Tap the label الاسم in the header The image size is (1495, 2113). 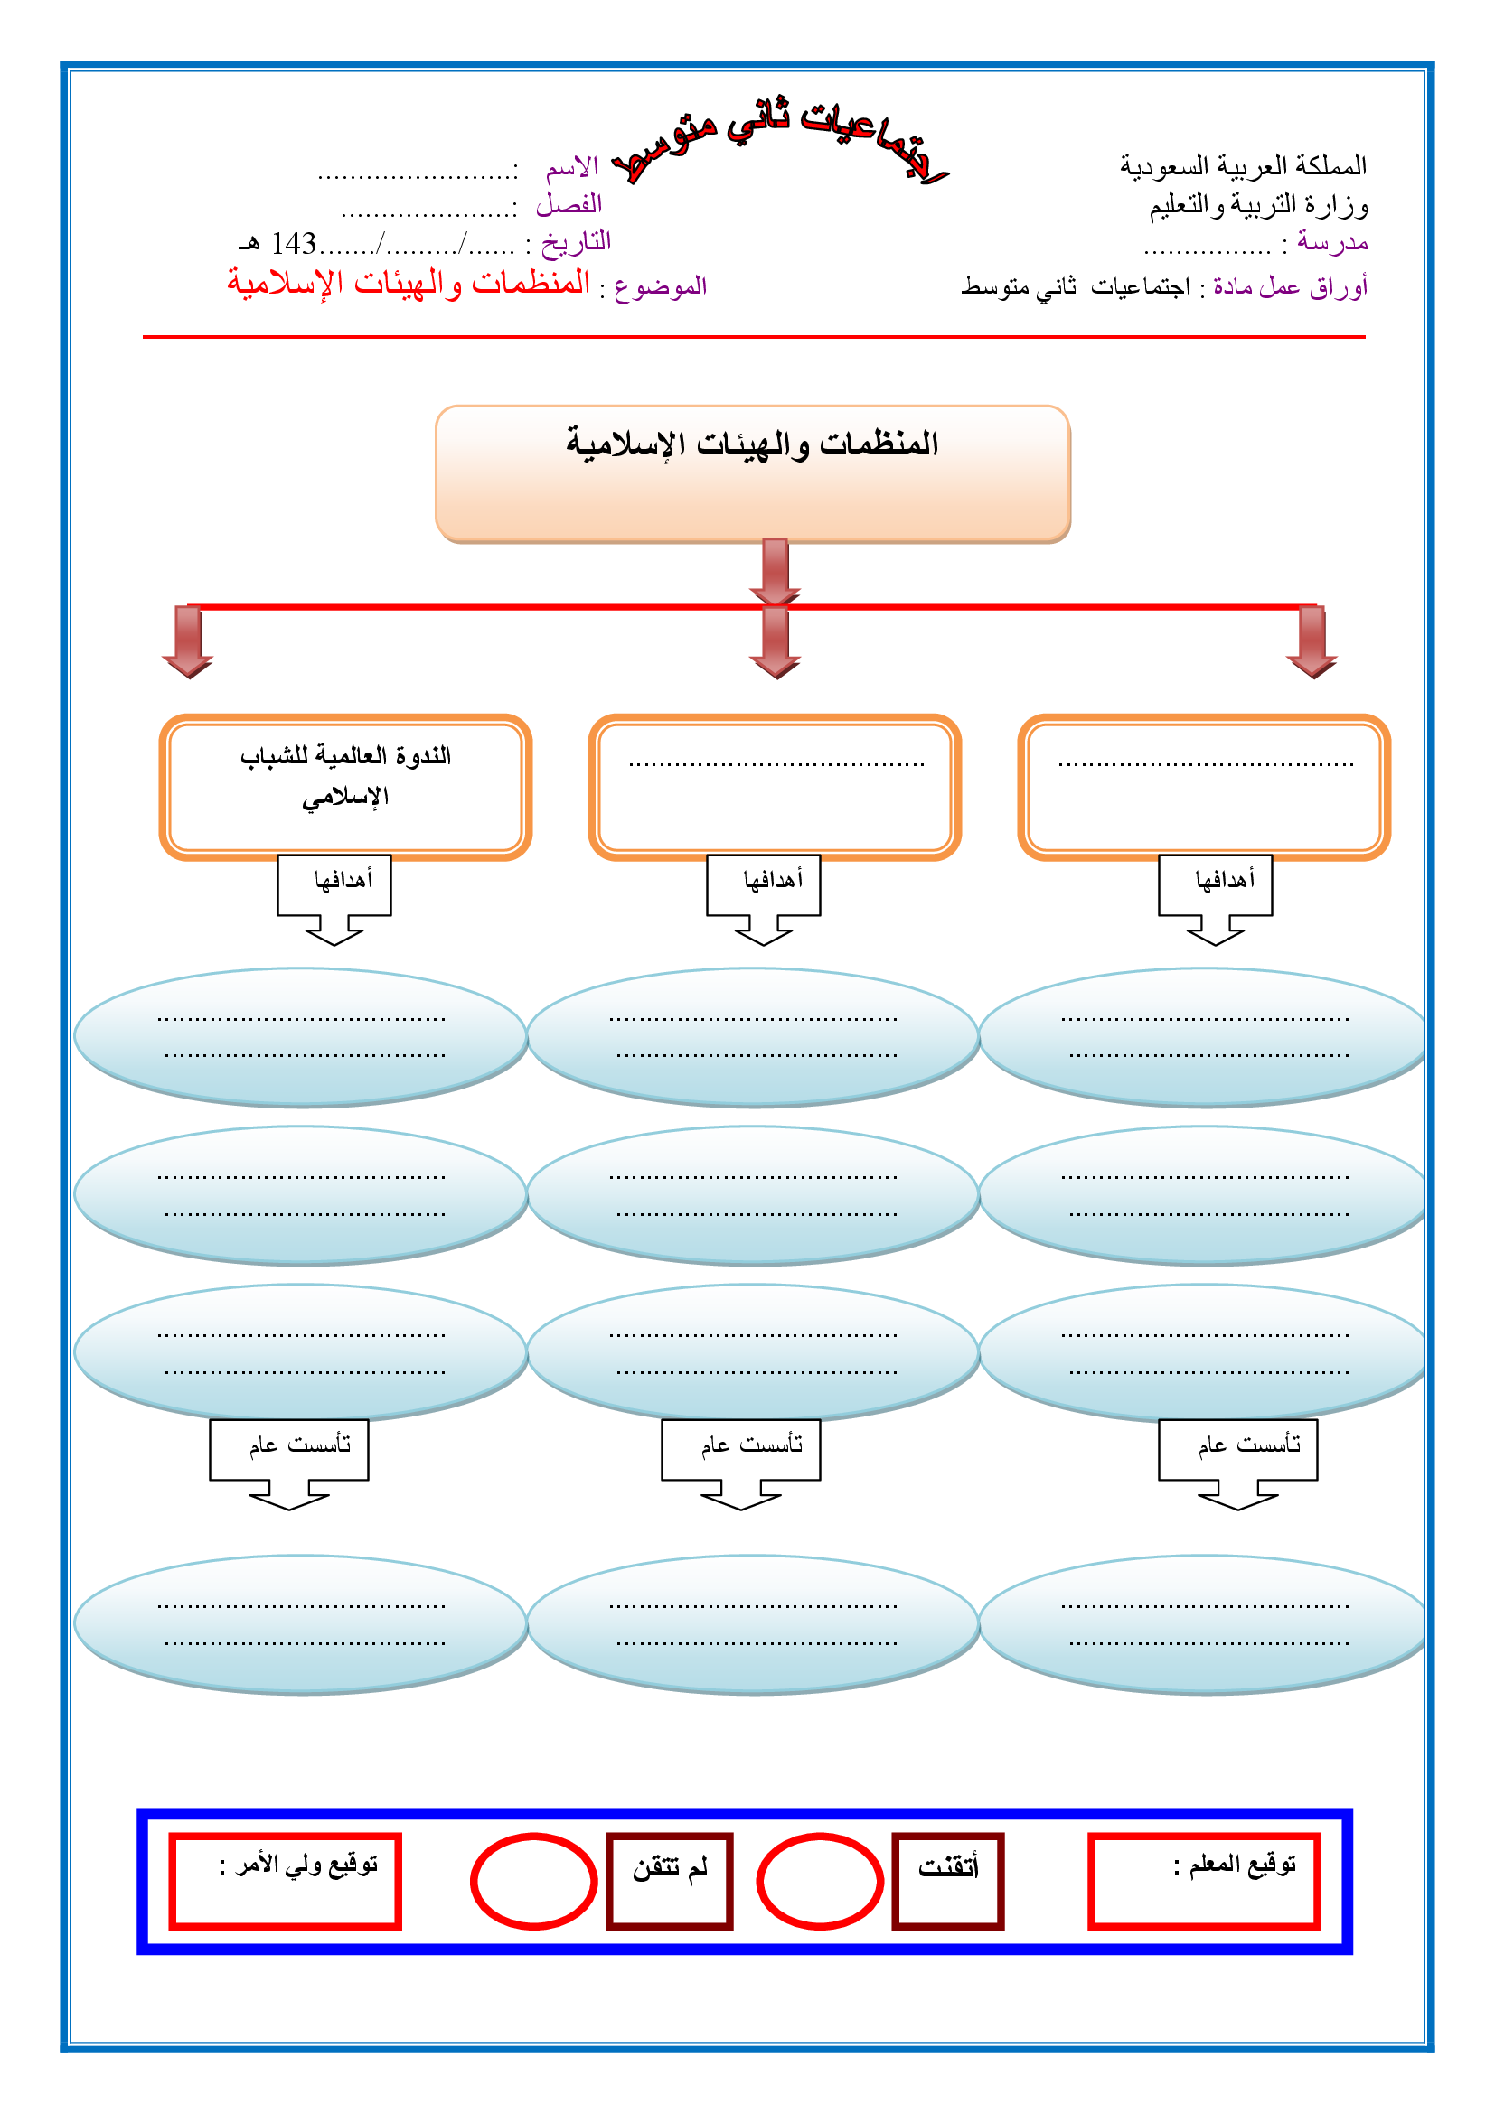[571, 167]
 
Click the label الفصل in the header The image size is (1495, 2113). [569, 203]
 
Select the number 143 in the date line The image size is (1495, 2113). [294, 244]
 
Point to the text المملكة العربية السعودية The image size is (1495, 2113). [1243, 166]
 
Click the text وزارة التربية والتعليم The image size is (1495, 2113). [1258, 205]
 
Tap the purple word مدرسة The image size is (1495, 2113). [1332, 243]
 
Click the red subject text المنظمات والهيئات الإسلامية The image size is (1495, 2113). [409, 283]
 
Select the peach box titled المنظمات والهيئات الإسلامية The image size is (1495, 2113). [752, 474]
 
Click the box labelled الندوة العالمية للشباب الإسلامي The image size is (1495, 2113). [346, 787]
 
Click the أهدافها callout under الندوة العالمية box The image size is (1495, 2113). [335, 884]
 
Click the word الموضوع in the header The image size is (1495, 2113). [660, 287]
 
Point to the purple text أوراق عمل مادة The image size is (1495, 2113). [1290, 287]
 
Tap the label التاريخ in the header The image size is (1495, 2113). [577, 242]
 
